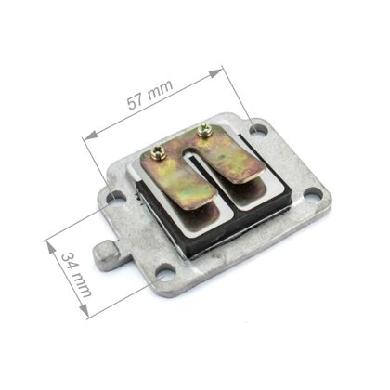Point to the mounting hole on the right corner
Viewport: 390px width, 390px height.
312,194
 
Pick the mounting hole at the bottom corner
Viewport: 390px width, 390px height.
164,273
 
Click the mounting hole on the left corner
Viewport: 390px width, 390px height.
116,197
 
